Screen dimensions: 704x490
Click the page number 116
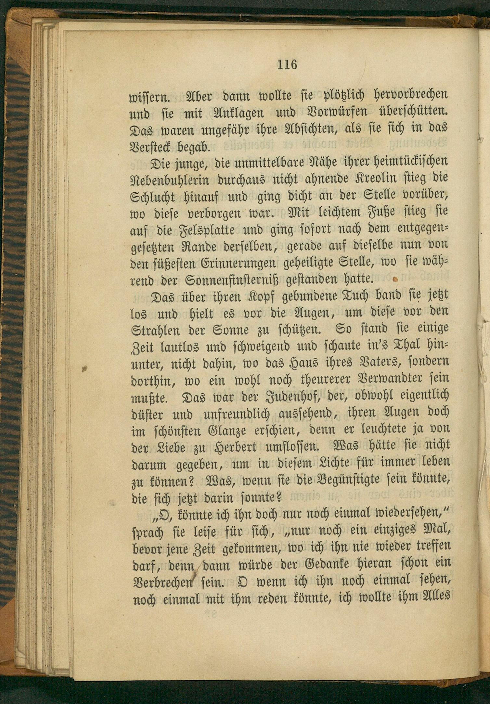tap(287, 65)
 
